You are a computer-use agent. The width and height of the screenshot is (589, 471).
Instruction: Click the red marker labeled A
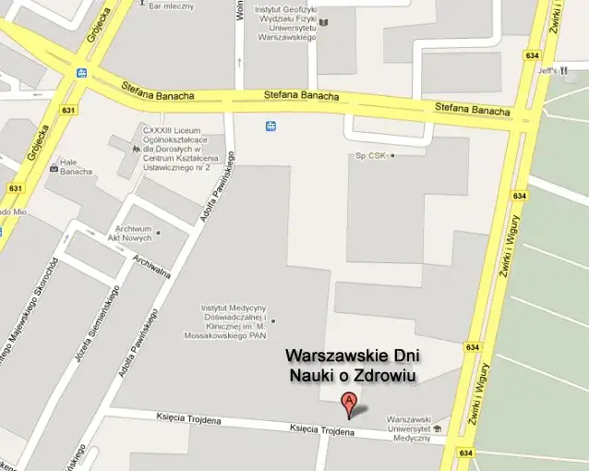click(x=349, y=404)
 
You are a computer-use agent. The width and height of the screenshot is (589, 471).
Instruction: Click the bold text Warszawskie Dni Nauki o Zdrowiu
click(x=352, y=365)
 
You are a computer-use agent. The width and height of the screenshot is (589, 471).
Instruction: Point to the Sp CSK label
click(x=372, y=155)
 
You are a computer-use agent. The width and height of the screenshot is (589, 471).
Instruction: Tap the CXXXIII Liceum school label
click(x=175, y=149)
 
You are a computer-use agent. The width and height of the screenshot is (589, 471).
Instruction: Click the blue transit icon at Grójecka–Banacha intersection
click(x=81, y=73)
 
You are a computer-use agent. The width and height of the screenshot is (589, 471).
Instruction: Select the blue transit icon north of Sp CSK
click(x=271, y=126)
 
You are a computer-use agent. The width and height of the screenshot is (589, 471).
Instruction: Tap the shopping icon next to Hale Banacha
click(x=53, y=171)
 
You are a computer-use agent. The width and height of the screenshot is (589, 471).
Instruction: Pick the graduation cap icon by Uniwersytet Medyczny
click(x=437, y=429)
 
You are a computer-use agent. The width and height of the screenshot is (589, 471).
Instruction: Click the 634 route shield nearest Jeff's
click(x=533, y=54)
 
